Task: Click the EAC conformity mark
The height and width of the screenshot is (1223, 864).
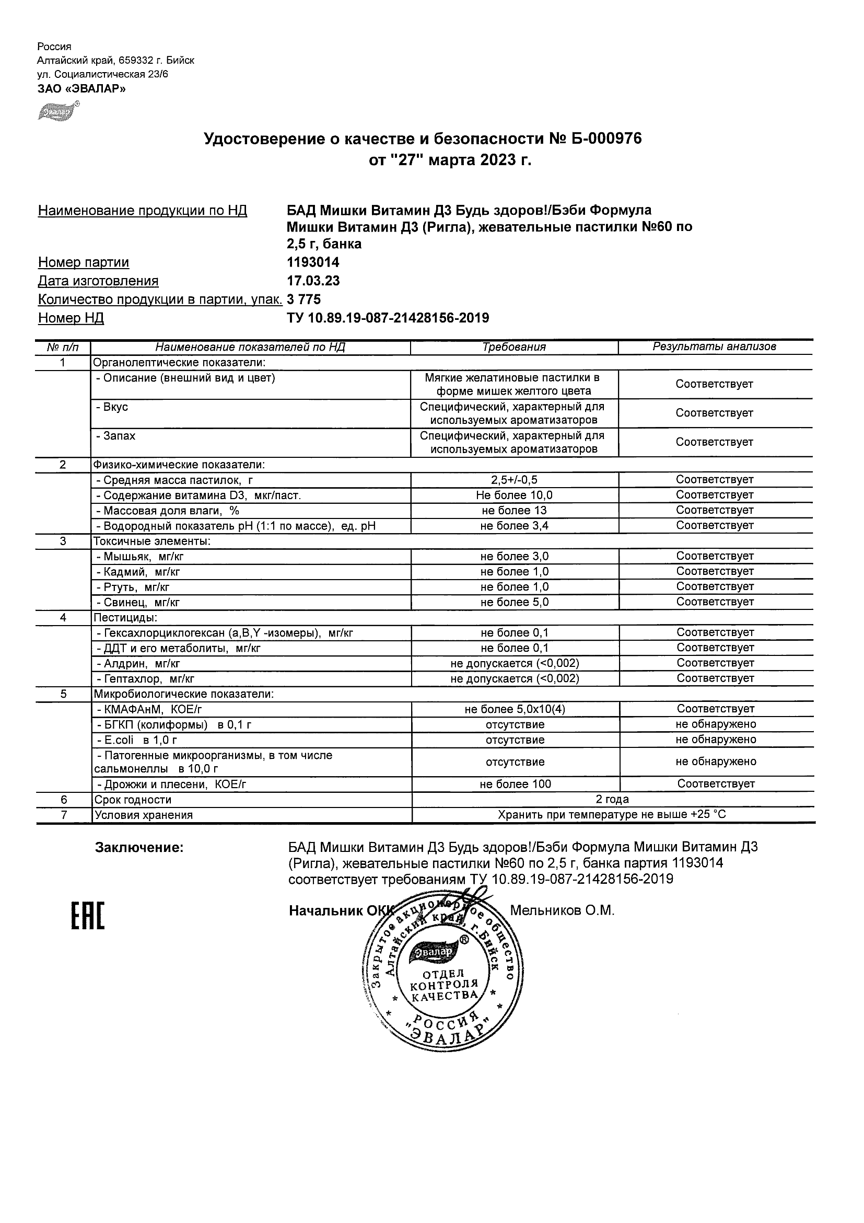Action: tap(88, 916)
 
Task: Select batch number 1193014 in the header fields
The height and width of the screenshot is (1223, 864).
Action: tap(313, 262)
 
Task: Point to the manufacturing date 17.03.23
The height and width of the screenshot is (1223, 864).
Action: tap(313, 281)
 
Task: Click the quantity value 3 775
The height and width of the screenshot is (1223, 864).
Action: tap(304, 299)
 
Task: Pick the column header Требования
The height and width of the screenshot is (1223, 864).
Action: tap(513, 347)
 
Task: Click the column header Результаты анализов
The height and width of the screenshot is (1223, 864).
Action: tap(715, 347)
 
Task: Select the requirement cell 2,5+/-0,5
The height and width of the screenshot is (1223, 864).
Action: tap(514, 480)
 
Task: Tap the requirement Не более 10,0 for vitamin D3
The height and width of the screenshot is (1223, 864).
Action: tap(514, 495)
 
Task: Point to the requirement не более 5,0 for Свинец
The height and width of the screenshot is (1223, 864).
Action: tap(514, 603)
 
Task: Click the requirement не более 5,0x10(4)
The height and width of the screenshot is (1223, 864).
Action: tap(514, 710)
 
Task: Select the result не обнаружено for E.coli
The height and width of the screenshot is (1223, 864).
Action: tap(716, 740)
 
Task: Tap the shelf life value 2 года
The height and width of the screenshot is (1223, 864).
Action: tap(612, 800)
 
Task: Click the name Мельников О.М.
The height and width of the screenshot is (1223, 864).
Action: tap(562, 911)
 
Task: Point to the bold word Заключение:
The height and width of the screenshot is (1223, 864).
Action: tap(139, 847)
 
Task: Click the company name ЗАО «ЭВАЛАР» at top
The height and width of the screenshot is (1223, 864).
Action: tap(81, 89)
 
